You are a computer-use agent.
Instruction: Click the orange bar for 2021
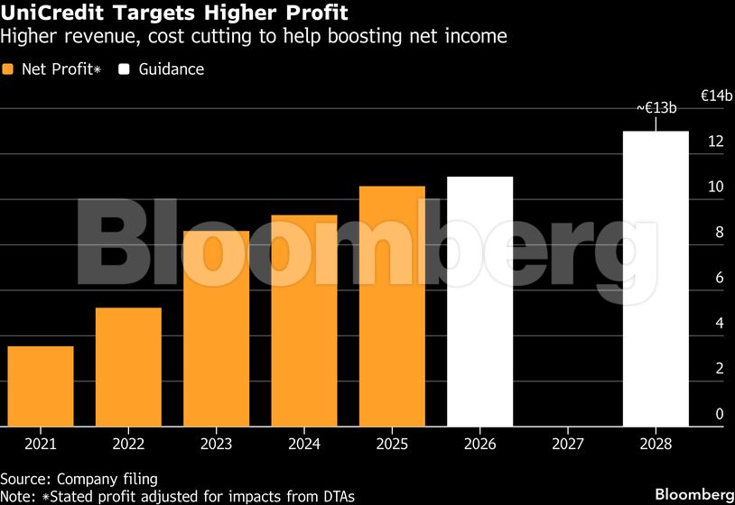point(41,386)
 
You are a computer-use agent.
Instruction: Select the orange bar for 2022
point(128,367)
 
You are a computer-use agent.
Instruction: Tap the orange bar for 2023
point(217,328)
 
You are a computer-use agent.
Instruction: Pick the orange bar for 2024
point(304,320)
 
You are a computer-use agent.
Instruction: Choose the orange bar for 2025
point(392,306)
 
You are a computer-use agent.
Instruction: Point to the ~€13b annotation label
point(656,107)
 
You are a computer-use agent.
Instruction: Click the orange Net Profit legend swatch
point(8,69)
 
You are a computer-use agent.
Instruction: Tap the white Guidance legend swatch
point(126,69)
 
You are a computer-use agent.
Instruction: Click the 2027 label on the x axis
point(568,444)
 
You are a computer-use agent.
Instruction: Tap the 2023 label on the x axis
point(217,444)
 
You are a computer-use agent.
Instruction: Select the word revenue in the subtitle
point(85,37)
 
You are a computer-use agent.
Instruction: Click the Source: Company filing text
point(79,478)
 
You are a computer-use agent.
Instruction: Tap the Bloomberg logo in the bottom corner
point(693,494)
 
